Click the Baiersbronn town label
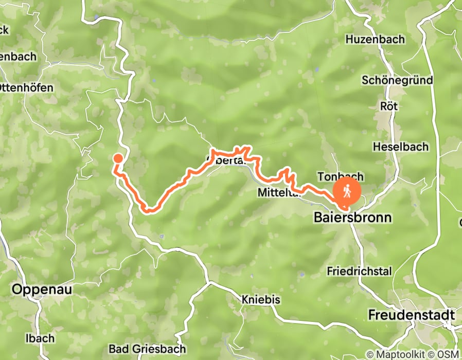pos(352,218)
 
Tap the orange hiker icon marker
pos(347,192)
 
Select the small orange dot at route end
pos(118,158)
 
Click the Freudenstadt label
pos(412,314)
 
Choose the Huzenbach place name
pos(375,40)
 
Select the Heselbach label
pos(400,147)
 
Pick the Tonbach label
pos(341,176)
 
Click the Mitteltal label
pos(278,192)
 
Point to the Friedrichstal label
pos(359,271)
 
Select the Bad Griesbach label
pos(147,349)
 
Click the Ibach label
pos(40,338)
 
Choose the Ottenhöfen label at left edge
pos(26,88)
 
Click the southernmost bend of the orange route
pos(149,210)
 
